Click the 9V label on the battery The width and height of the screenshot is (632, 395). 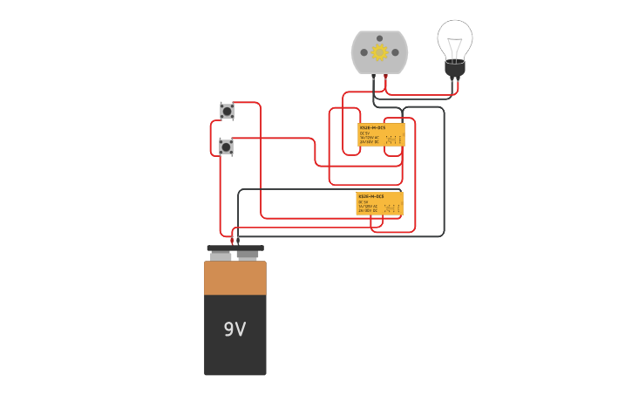[234, 330]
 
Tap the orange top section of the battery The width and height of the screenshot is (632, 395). [235, 278]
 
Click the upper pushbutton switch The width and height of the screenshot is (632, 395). [227, 112]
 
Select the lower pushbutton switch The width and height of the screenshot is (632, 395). [227, 146]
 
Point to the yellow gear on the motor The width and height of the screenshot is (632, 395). [379, 52]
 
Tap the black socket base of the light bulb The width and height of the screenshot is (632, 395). [455, 68]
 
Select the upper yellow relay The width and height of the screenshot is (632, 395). [382, 134]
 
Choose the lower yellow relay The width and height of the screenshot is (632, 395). [379, 203]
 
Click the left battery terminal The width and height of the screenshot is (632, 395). [221, 255]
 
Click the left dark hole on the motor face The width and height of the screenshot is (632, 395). [364, 52]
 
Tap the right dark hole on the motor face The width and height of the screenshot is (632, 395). [395, 52]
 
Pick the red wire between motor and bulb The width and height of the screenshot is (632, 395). [418, 93]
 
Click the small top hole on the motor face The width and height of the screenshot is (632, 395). [379, 37]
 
